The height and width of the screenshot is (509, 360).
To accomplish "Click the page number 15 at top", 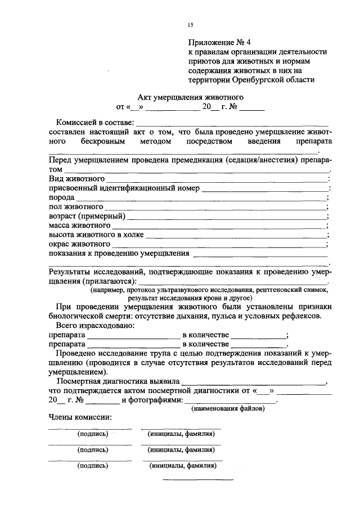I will click(191, 25).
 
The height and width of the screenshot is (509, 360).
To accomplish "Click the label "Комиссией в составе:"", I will click(94, 123).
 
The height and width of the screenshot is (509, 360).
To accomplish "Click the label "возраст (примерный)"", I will click(87, 216).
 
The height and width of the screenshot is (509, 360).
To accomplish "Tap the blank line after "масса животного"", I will click(219, 226).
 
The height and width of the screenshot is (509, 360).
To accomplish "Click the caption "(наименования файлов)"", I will click(227, 408).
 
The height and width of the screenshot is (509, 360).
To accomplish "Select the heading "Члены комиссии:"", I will click(80, 417).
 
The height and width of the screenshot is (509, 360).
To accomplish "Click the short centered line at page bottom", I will click(197, 480).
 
